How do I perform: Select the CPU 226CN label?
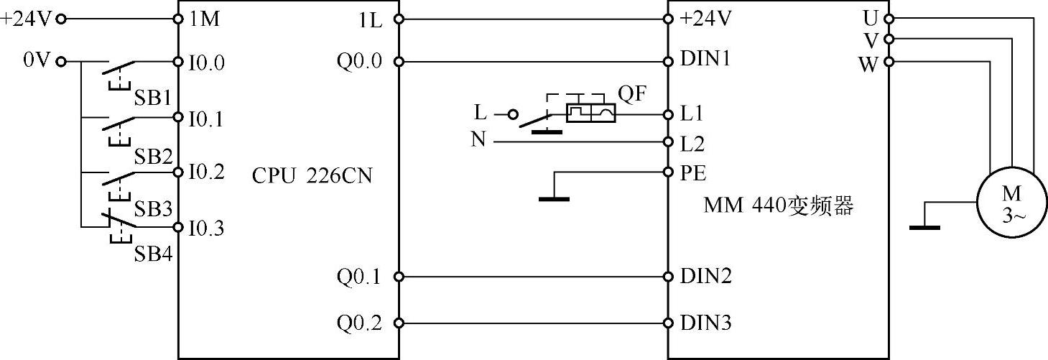pyautogui.click(x=312, y=175)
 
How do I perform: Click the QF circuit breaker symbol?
pyautogui.click(x=590, y=113)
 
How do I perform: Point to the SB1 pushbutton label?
pyautogui.click(x=152, y=97)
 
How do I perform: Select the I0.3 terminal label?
pyautogui.click(x=205, y=229)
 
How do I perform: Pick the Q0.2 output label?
pyautogui.click(x=360, y=323)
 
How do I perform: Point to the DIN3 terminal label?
pyautogui.click(x=706, y=323)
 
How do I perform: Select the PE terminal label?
pyautogui.click(x=693, y=173)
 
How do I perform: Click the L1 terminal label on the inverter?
pyautogui.click(x=692, y=114)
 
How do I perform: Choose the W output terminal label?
pyautogui.click(x=868, y=63)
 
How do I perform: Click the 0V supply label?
pyautogui.click(x=37, y=60)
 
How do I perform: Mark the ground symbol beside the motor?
pyautogui.click(x=924, y=228)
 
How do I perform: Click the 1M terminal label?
pyautogui.click(x=205, y=19)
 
